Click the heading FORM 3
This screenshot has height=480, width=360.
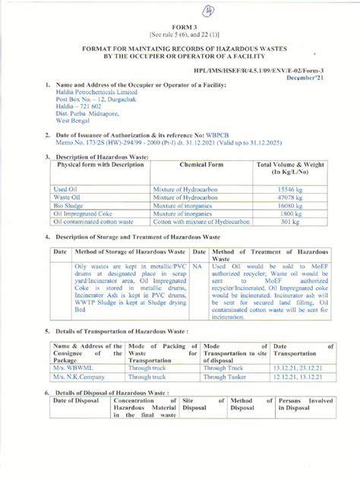coord(180,27)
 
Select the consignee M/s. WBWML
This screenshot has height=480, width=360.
coord(74,366)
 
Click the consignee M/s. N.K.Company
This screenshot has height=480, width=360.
coord(79,376)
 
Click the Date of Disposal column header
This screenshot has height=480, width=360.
coord(71,399)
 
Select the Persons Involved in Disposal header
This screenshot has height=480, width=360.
coord(307,404)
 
